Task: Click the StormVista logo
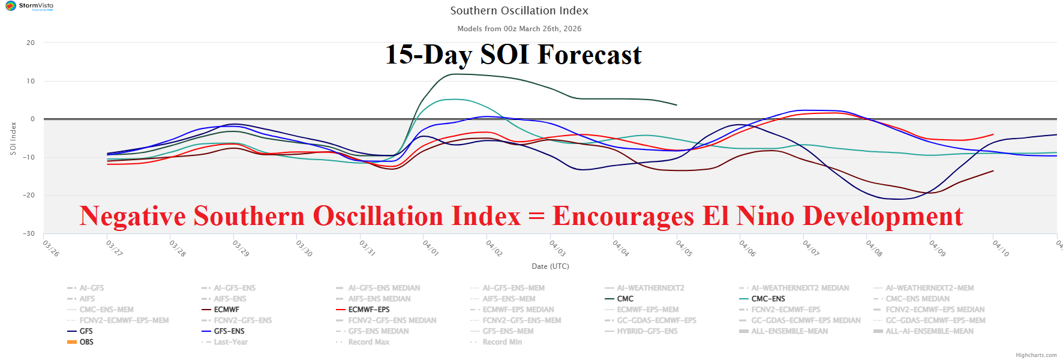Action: point(29,6)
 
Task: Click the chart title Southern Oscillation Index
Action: point(519,11)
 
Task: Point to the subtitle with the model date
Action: point(519,29)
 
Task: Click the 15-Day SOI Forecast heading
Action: point(513,55)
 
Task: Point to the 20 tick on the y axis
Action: point(31,43)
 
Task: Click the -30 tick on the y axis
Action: point(29,233)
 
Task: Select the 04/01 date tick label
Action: point(431,248)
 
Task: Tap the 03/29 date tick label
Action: point(241,248)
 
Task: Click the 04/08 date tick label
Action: point(874,248)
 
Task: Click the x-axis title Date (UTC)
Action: point(550,266)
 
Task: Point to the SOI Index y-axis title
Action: point(13,139)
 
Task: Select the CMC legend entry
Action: point(625,299)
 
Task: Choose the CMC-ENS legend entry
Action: point(768,299)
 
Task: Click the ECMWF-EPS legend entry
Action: point(368,310)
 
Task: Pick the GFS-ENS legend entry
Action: point(229,331)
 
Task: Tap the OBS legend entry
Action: point(86,342)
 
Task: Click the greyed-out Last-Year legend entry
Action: point(230,342)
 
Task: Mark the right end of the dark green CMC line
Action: point(676,105)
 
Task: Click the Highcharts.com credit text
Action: point(1036,355)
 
